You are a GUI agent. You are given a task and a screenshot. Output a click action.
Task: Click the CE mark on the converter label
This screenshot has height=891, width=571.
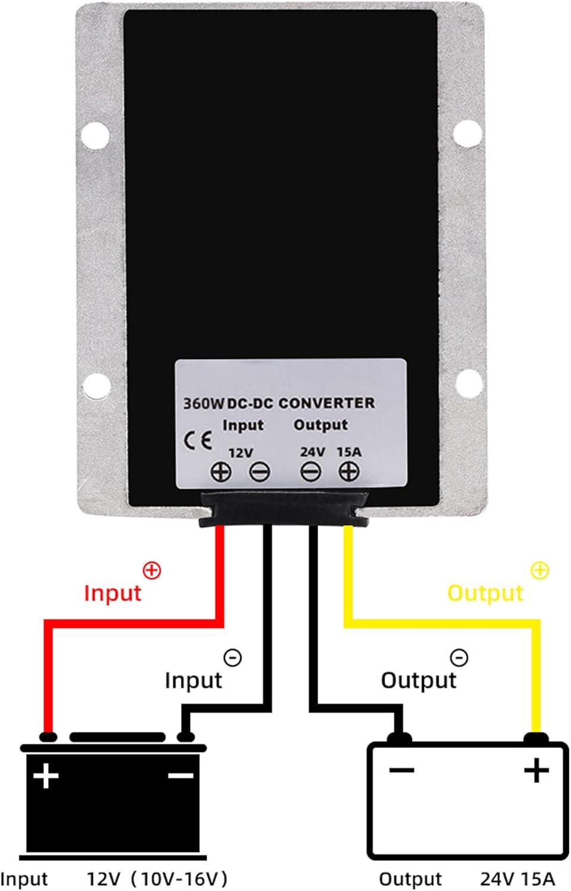tap(198, 441)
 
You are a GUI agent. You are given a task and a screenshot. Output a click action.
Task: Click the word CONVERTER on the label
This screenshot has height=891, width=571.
tap(326, 403)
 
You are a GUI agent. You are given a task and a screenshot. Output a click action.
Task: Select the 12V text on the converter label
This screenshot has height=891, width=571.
tap(240, 453)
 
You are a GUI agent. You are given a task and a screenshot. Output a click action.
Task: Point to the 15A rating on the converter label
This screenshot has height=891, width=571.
tap(349, 452)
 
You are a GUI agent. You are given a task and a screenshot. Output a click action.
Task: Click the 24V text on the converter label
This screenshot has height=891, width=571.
tap(312, 452)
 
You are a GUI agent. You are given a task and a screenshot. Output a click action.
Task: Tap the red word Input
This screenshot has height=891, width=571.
tap(113, 593)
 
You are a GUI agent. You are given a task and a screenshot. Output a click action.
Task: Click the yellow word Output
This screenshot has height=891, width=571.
tap(485, 593)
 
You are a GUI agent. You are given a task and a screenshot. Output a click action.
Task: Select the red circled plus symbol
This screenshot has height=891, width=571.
tap(152, 571)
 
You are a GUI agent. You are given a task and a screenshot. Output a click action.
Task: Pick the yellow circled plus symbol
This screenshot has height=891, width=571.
tap(540, 571)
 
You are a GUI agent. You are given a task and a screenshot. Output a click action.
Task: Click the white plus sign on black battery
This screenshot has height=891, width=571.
tap(46, 776)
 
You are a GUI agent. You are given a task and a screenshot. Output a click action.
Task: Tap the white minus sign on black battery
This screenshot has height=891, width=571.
tap(181, 776)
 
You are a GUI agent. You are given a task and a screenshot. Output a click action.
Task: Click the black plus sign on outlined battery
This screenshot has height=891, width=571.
tap(537, 770)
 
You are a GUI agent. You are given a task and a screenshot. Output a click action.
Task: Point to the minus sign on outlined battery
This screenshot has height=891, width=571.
tap(402, 770)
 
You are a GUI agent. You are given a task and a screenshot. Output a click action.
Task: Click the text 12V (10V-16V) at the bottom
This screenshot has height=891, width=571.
tap(157, 879)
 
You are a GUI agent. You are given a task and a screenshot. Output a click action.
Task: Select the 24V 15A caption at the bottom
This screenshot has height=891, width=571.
tap(517, 879)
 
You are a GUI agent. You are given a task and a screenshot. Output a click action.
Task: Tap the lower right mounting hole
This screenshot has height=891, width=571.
tap(468, 382)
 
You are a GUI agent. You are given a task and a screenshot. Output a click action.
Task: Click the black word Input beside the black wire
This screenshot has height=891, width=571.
tap(193, 680)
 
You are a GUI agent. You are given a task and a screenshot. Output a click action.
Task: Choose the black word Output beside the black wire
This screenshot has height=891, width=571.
tap(418, 680)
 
